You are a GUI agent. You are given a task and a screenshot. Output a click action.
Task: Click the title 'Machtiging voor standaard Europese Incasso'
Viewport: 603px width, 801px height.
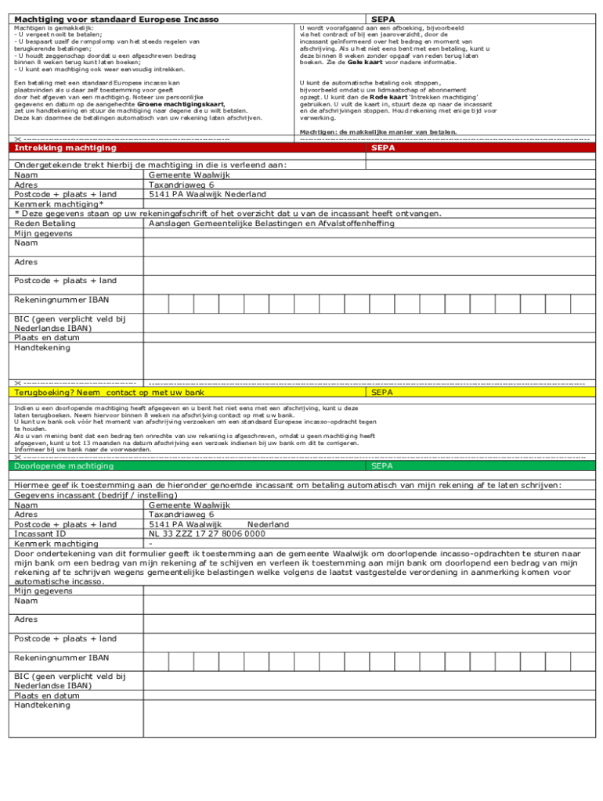click(x=117, y=18)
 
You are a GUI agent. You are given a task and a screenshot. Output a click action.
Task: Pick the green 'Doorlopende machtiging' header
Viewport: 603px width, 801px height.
click(x=63, y=466)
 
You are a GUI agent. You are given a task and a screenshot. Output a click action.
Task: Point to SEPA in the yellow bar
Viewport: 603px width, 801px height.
click(x=382, y=393)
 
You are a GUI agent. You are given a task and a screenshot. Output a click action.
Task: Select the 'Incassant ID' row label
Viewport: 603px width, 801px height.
click(x=40, y=533)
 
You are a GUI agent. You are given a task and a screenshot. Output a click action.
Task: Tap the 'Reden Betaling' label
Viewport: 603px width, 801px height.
click(x=45, y=223)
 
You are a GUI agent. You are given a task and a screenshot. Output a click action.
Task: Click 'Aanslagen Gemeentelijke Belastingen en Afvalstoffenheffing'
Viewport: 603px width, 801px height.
click(x=271, y=223)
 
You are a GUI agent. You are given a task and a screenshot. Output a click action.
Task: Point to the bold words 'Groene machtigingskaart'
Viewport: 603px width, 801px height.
click(x=181, y=103)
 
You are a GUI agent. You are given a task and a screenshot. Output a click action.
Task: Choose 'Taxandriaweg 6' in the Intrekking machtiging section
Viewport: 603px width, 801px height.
click(x=181, y=185)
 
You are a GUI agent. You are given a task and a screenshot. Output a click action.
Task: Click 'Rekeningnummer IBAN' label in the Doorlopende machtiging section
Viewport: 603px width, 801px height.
click(x=62, y=658)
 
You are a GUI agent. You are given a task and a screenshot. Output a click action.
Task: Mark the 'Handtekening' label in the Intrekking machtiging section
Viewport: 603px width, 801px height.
click(x=42, y=347)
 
